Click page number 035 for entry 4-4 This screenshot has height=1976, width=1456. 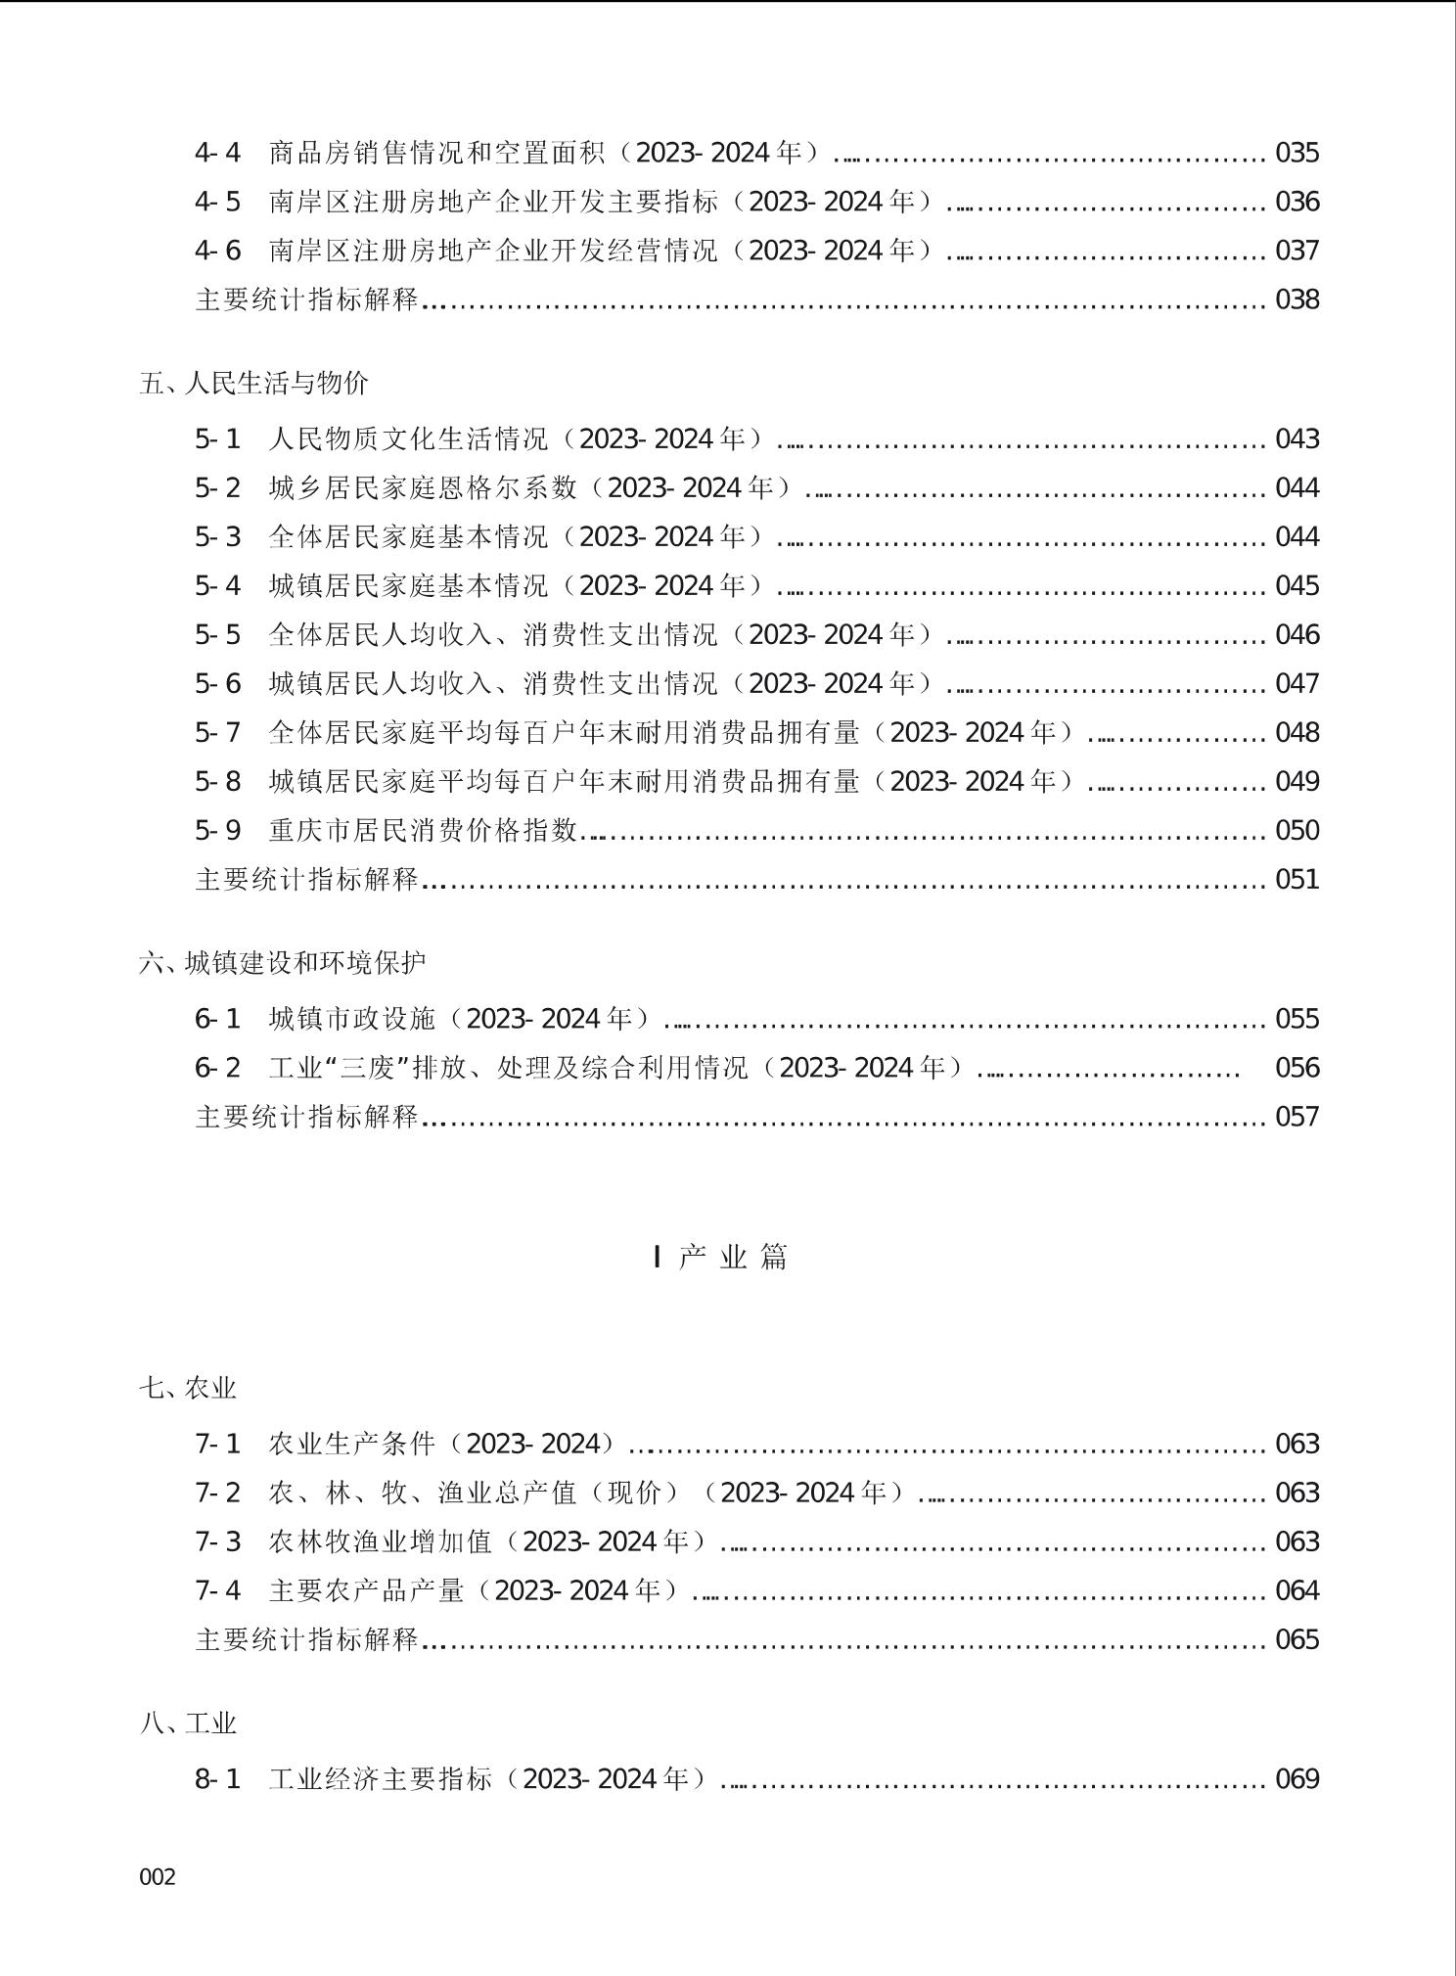(1297, 153)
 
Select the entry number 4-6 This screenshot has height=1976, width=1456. (217, 251)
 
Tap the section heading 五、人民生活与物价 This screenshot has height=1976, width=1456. (254, 383)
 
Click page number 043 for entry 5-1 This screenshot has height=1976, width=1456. (1297, 438)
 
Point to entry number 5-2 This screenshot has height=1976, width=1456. (217, 487)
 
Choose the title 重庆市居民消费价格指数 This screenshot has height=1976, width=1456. (424, 830)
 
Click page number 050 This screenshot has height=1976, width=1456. (1297, 830)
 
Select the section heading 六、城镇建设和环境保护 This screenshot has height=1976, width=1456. (283, 963)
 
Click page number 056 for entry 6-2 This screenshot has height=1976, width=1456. (1297, 1068)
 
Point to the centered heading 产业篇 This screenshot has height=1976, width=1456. (721, 1257)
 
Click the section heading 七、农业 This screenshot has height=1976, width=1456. (188, 1388)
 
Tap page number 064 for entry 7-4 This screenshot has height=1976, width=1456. (1297, 1590)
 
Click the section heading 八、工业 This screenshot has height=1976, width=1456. (188, 1723)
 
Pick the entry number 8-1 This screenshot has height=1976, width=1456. (217, 1779)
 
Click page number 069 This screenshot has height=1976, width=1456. (1297, 1779)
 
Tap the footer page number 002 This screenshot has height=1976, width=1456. (158, 1877)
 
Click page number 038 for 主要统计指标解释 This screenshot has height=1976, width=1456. (1297, 299)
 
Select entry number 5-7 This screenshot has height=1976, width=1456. (217, 732)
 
